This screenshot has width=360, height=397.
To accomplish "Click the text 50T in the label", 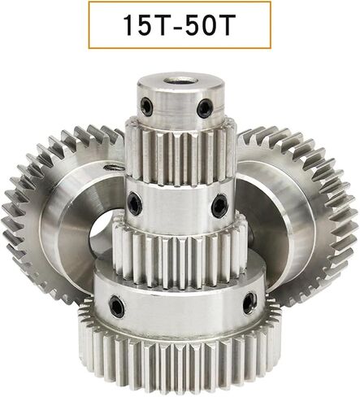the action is coord(210,25).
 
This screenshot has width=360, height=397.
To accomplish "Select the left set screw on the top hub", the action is coord(146,107).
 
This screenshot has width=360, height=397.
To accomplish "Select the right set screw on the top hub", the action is coord(205,108).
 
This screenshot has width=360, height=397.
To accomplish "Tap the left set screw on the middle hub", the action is coord(135,203).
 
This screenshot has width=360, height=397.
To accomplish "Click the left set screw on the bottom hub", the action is coord(116,306).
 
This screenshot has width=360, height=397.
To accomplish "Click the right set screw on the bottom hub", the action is coord(249,303).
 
